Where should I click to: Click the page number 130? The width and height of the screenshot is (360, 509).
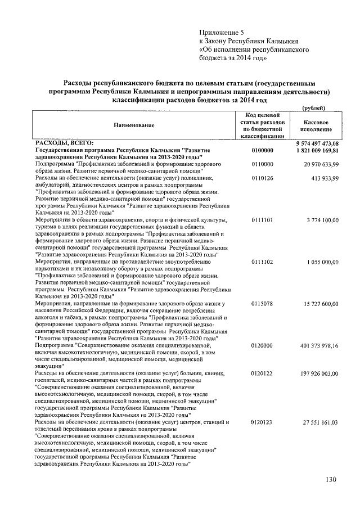coord(330,480)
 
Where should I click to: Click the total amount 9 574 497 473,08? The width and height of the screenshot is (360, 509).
coord(317,145)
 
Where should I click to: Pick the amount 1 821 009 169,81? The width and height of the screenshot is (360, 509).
coord(317,151)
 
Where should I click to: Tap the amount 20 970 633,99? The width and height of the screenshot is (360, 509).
coord(321,164)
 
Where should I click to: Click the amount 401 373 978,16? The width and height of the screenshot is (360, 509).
coord(319,345)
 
